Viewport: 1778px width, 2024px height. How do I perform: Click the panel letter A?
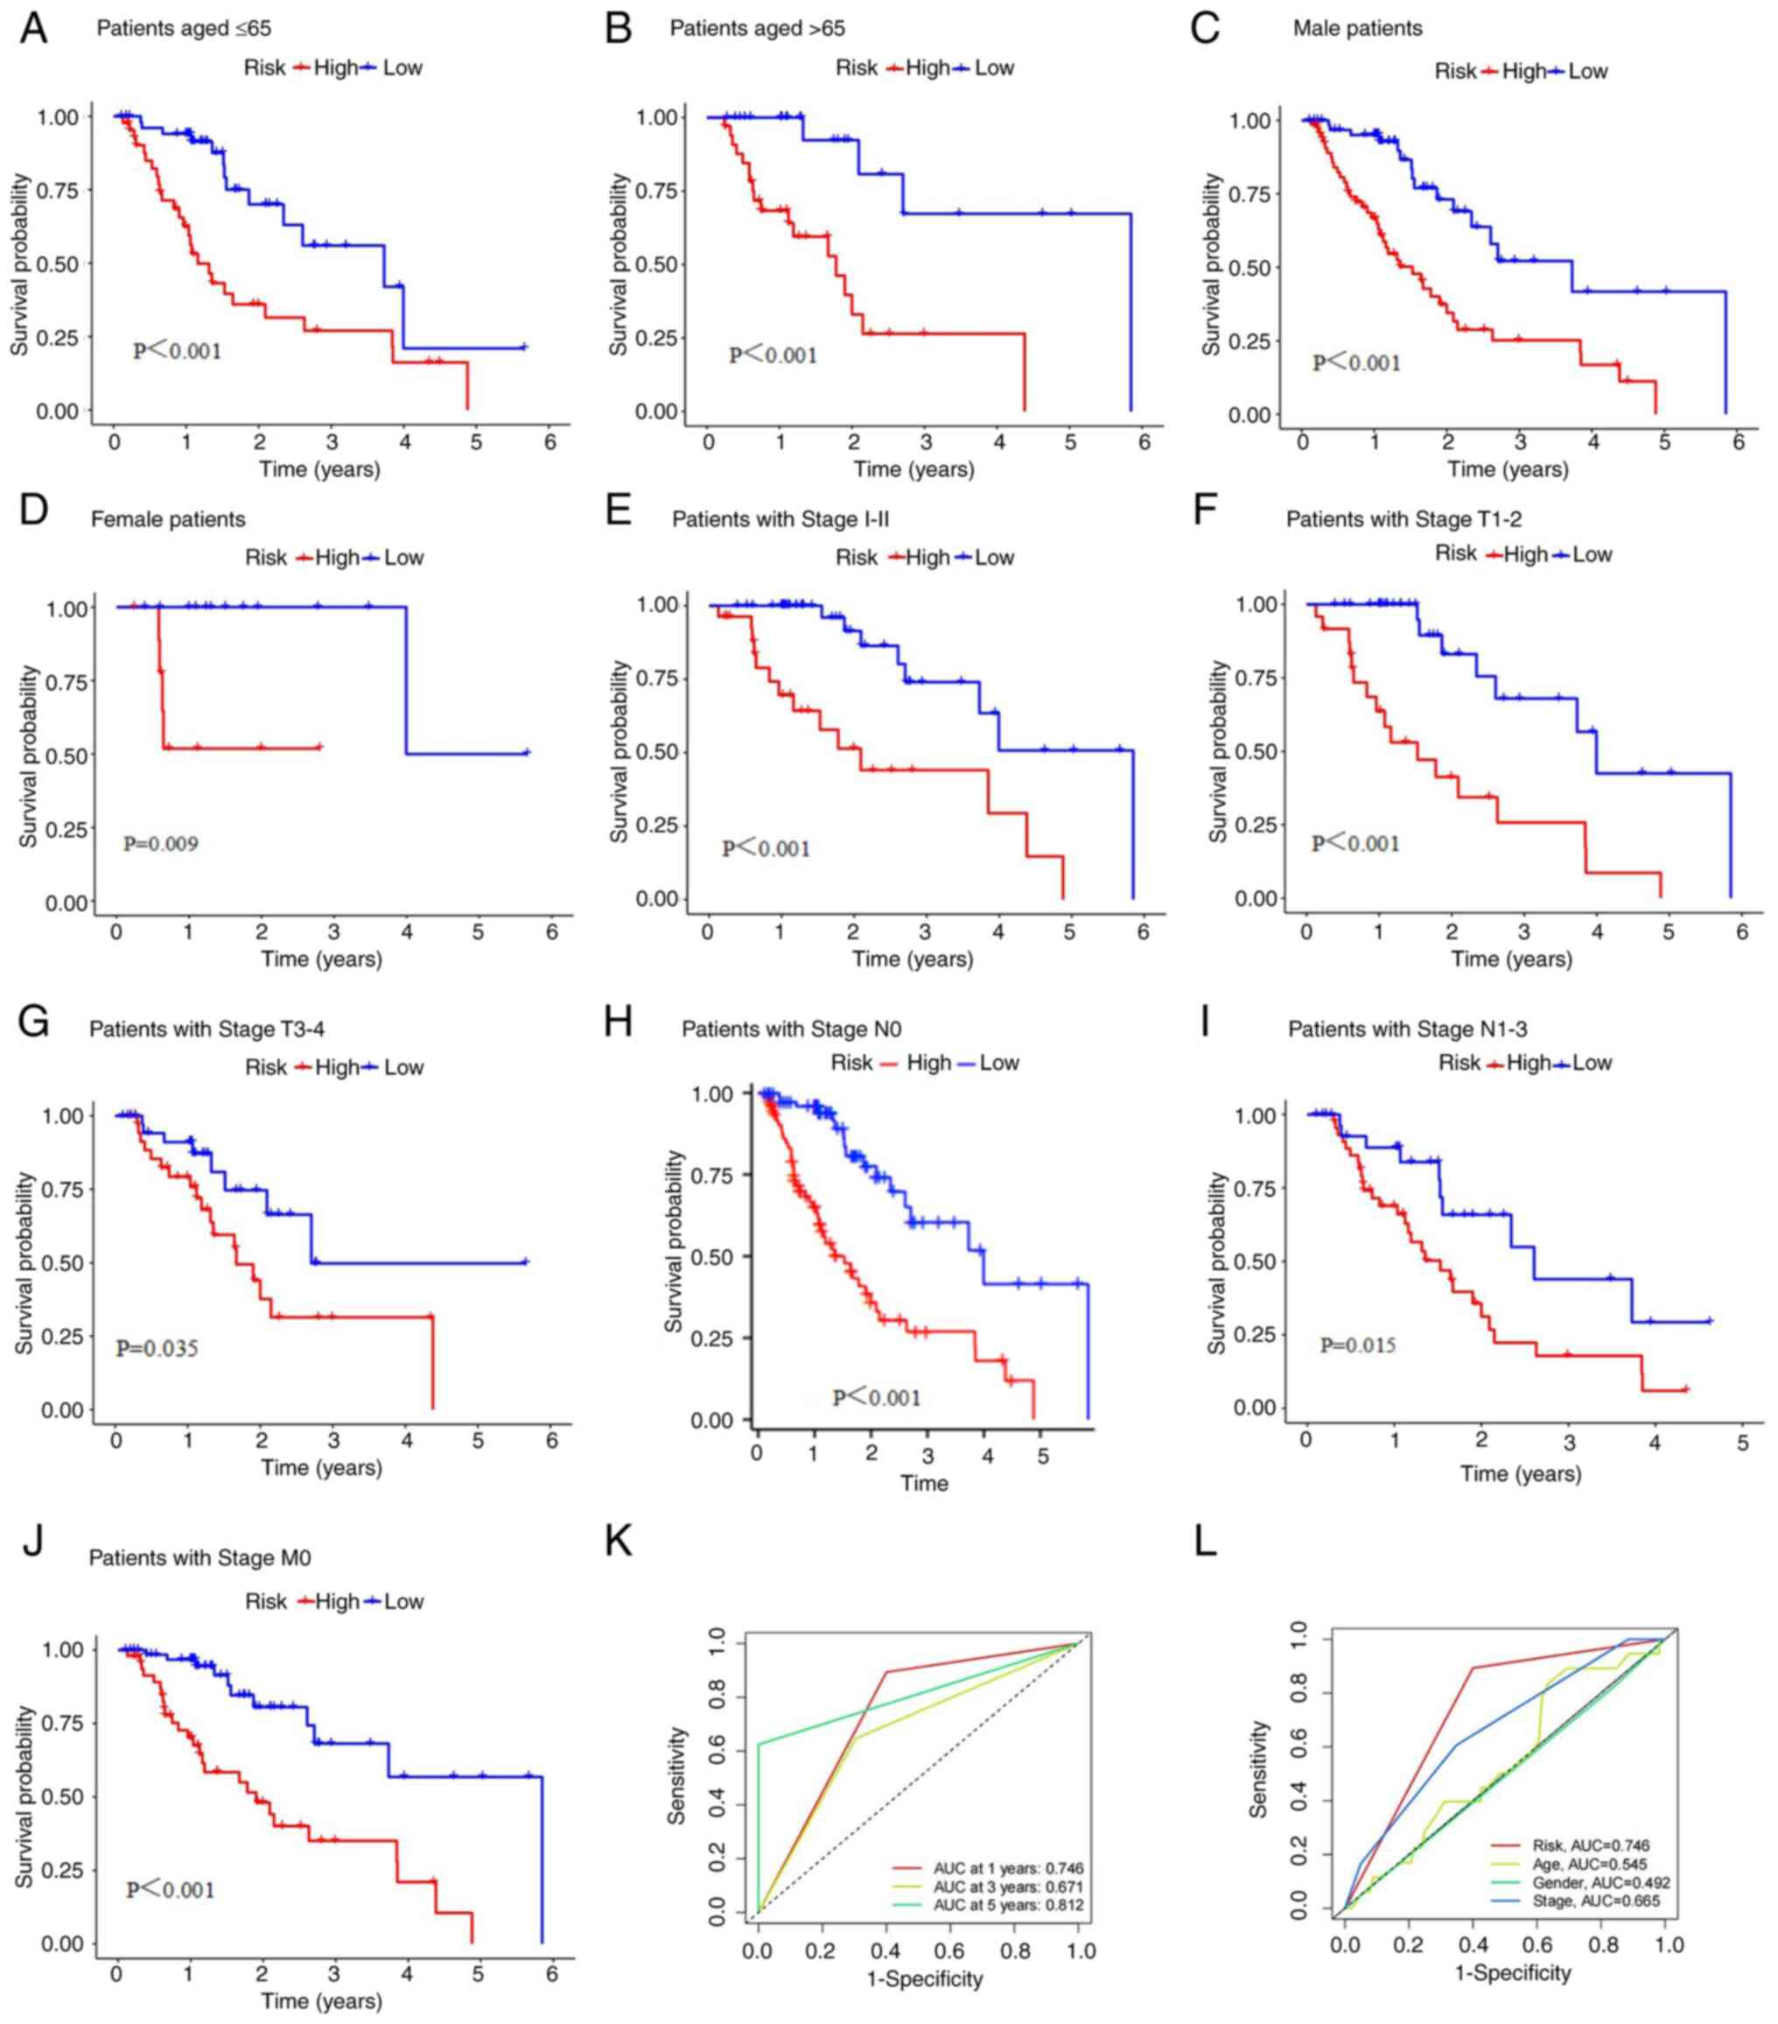click(x=33, y=29)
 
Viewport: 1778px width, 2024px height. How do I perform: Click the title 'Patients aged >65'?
click(x=758, y=29)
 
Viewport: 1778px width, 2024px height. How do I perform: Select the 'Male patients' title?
click(x=1357, y=29)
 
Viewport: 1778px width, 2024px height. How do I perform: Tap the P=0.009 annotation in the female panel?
click(x=160, y=844)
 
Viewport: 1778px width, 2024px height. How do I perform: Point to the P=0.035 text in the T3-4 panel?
click(x=157, y=1347)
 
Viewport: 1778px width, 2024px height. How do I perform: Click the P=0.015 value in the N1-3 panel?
click(x=1357, y=1345)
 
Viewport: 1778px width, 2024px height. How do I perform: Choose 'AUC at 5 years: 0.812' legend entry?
click(x=1008, y=1904)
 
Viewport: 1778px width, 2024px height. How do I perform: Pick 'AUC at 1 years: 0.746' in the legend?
click(x=1008, y=1867)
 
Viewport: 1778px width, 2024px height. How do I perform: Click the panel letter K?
click(x=619, y=1542)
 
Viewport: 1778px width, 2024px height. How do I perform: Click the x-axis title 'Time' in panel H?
click(x=924, y=1482)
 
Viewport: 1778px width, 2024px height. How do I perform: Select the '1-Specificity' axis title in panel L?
click(x=1512, y=1972)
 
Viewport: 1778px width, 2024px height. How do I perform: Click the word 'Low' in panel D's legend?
click(x=404, y=558)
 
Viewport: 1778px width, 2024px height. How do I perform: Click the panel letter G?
click(x=33, y=1022)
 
